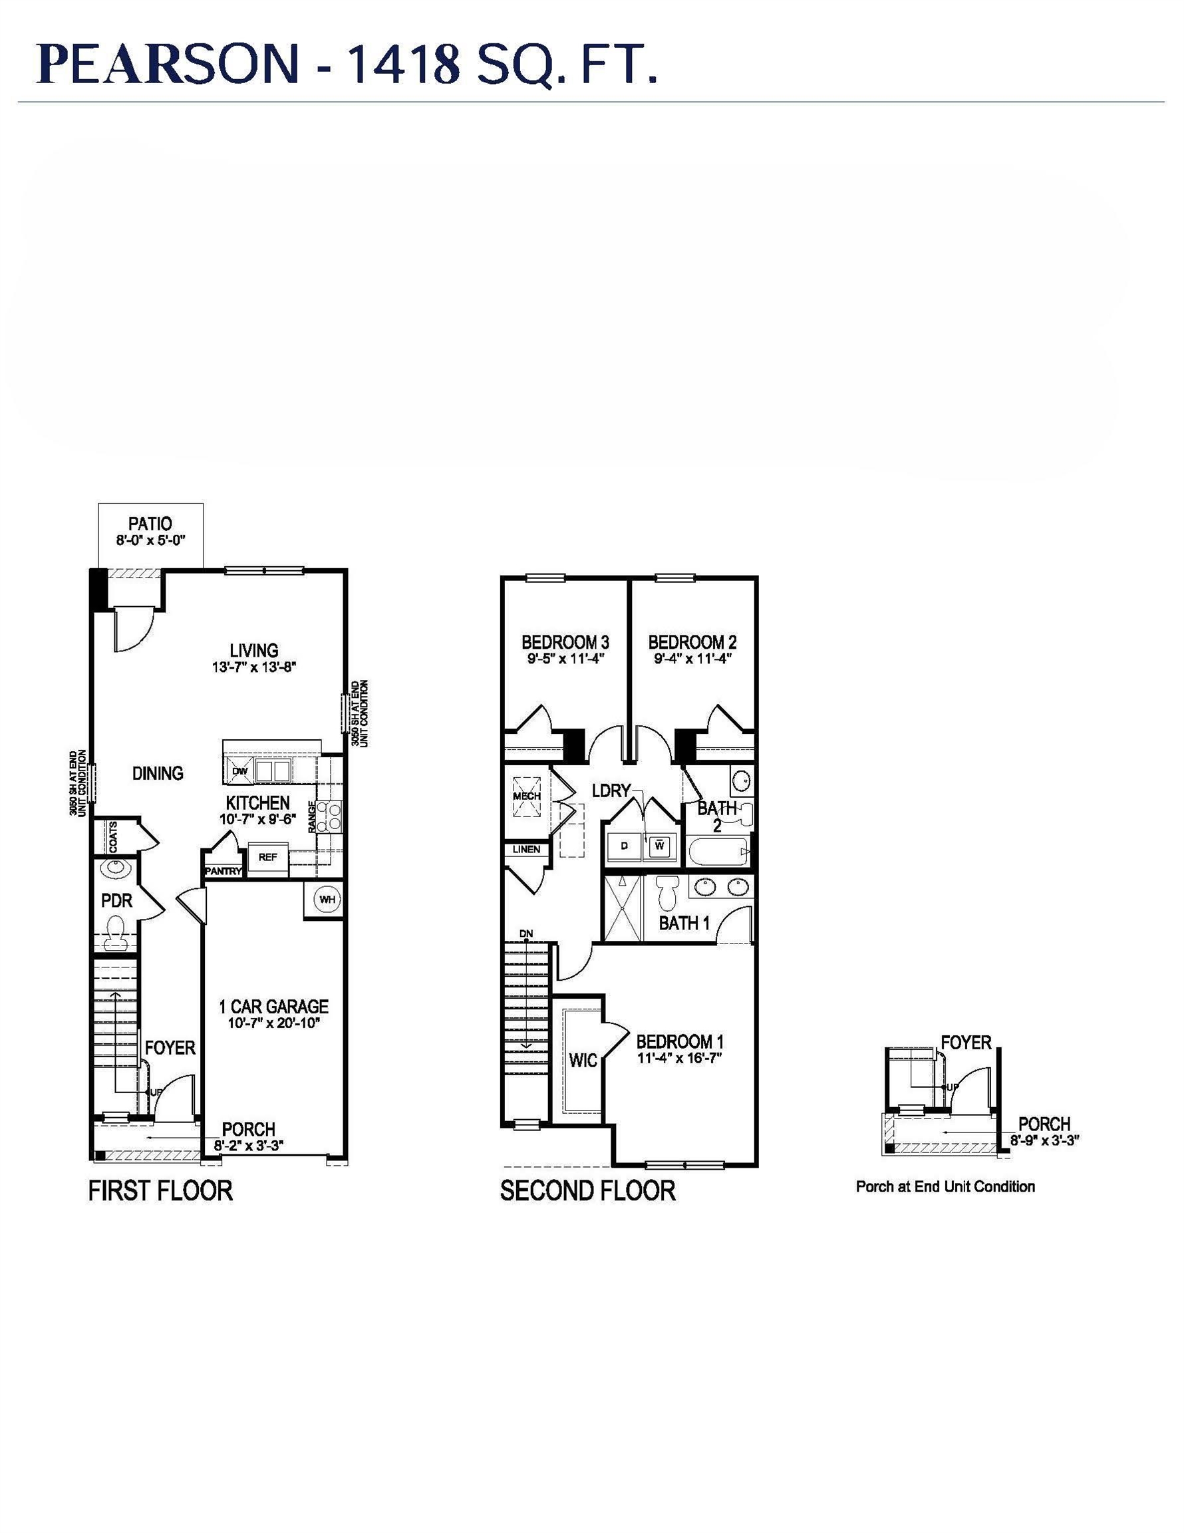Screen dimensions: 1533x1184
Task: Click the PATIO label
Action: [x=150, y=524]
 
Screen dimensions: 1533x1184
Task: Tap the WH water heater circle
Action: [x=327, y=899]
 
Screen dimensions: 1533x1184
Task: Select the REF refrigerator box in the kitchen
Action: [x=267, y=858]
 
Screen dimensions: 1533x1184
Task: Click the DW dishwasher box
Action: [x=239, y=770]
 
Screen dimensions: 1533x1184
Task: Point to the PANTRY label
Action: [x=223, y=871]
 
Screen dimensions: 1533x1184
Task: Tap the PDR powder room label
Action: [x=116, y=900]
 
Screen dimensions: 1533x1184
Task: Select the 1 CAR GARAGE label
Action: [x=273, y=1007]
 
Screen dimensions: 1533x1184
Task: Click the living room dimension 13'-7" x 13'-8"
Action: [x=254, y=667]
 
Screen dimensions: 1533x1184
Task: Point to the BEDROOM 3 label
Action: [x=565, y=642]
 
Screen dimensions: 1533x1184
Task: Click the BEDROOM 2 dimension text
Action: [x=692, y=659]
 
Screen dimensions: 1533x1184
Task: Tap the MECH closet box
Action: [x=527, y=796]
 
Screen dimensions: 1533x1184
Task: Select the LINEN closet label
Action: [x=526, y=849]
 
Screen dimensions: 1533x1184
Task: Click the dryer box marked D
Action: [x=624, y=846]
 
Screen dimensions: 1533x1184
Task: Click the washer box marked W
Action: [x=660, y=846]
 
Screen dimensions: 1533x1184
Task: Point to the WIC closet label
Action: [x=583, y=1060]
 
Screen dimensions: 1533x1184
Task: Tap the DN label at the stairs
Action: [x=526, y=933]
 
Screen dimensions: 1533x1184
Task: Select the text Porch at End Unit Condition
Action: [x=945, y=1187]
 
